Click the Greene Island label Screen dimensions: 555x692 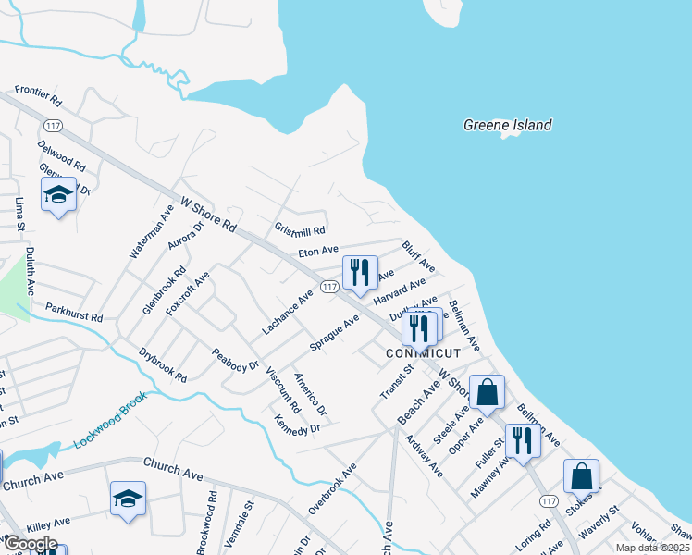507,125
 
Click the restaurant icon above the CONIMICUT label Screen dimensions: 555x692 419,329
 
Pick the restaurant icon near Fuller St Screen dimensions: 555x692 523,441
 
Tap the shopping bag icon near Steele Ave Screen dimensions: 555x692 487,393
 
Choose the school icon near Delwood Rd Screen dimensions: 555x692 58,195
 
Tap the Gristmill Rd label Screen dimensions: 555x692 301,229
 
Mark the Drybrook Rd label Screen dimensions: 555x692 163,365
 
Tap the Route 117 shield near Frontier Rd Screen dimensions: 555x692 53,125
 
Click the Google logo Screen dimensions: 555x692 30,543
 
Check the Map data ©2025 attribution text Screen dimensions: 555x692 651,548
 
